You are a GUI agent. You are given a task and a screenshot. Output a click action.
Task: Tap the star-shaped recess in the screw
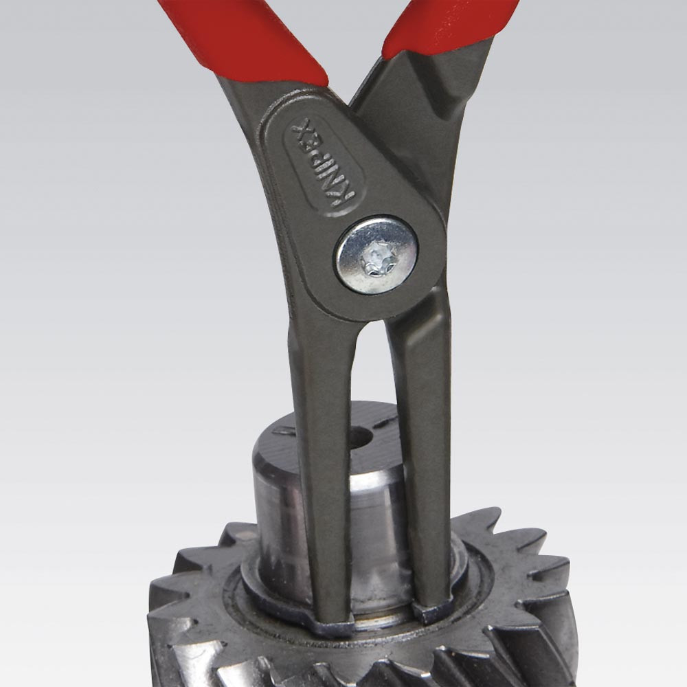click(x=376, y=260)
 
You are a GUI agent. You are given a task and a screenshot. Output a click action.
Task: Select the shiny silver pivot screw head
click(x=376, y=255)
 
